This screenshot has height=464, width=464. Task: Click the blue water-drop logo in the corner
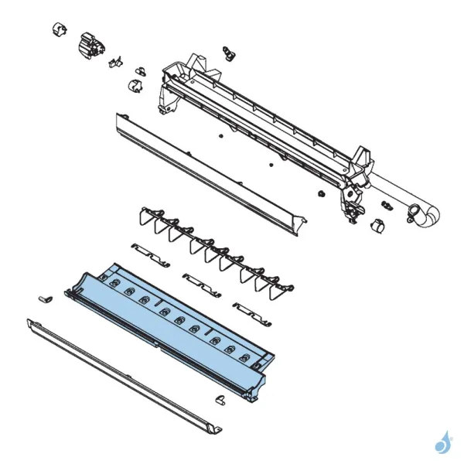click(442, 442)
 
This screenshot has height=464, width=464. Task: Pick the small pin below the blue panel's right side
click(219, 398)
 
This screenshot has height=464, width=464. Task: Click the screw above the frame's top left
click(228, 51)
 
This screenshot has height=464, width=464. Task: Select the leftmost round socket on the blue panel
click(114, 286)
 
